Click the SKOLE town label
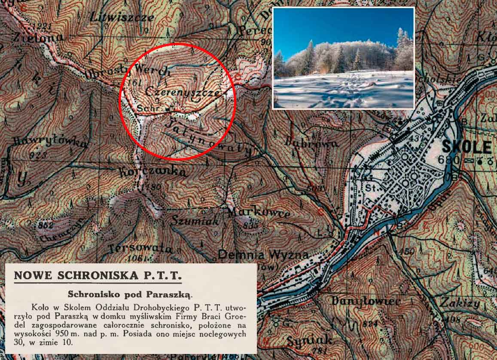tap(467, 147)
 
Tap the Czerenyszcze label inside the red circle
tap(183, 91)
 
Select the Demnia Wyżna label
tap(263, 255)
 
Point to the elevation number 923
tap(39, 156)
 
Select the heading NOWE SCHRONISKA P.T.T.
tap(98, 275)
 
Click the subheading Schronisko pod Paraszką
tap(131, 295)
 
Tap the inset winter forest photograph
tap(344, 58)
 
